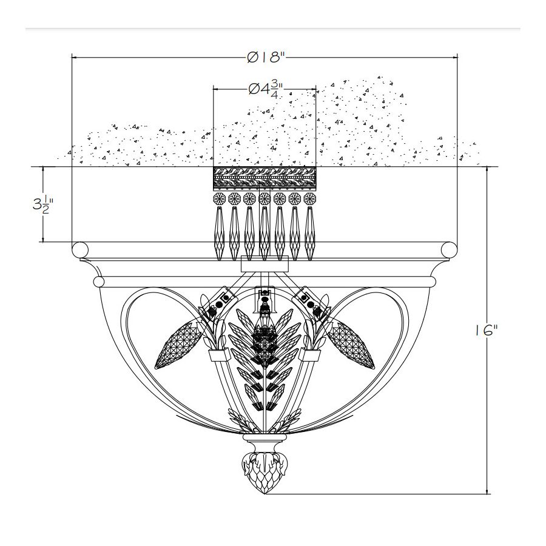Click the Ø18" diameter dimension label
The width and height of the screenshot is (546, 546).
(x=266, y=57)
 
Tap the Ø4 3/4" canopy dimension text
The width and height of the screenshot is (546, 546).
(x=265, y=89)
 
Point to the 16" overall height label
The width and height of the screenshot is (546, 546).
(x=487, y=331)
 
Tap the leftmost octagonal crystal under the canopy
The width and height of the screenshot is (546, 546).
(x=220, y=199)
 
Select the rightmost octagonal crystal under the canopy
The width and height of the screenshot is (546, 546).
(x=309, y=199)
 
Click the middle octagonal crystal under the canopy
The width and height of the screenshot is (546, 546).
(x=265, y=199)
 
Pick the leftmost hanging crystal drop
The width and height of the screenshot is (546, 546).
(x=219, y=234)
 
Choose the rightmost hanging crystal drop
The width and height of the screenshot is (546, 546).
(x=309, y=234)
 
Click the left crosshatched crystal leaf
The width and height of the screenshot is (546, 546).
(x=180, y=345)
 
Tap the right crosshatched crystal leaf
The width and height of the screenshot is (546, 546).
(x=349, y=345)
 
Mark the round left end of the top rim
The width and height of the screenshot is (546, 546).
(x=80, y=250)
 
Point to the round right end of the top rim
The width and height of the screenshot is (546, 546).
(x=449, y=250)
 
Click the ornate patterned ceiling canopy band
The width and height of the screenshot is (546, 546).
(x=265, y=178)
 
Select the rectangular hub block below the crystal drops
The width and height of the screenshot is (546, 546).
(x=265, y=264)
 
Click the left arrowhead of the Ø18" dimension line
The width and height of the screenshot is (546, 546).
(x=74, y=57)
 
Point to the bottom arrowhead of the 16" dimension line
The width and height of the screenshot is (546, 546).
(x=487, y=491)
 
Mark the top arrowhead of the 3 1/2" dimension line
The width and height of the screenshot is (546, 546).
(x=43, y=170)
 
